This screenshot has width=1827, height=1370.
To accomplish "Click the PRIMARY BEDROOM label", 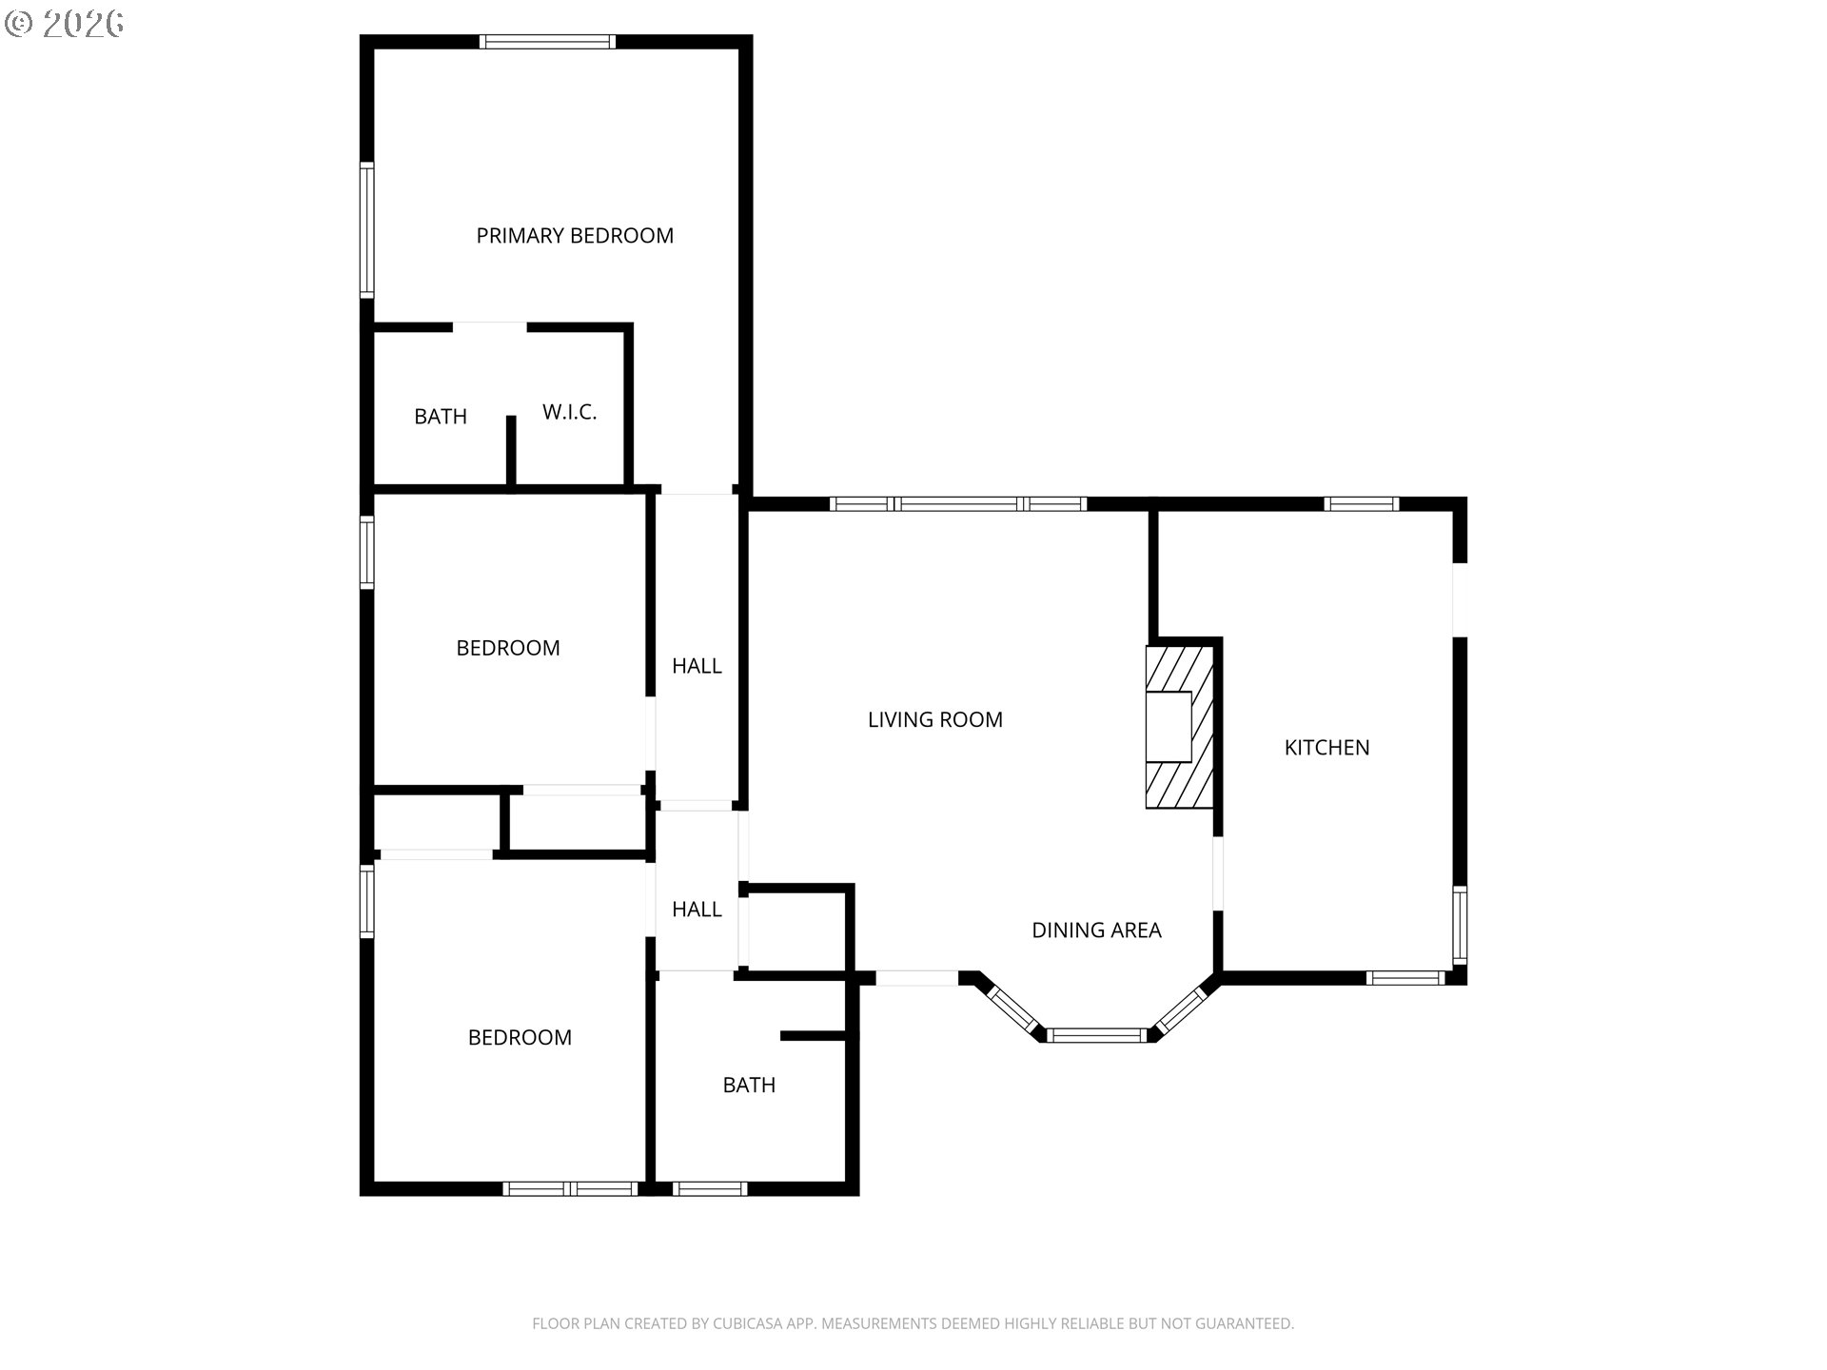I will coord(575,236).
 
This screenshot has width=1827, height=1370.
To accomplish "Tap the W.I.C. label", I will coord(569,412).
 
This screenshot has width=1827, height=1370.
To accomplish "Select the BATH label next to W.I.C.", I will coord(441,417).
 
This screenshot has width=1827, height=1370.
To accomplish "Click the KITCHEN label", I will coord(1326,748).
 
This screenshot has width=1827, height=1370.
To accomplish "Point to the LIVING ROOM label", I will coord(934,720).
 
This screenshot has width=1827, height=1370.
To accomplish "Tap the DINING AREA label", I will coord(1096,930).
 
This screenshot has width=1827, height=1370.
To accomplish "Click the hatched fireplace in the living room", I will coord(1180,728).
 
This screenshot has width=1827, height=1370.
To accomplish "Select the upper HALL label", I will coord(697,666).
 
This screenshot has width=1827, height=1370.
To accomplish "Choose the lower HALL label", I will coord(697,910).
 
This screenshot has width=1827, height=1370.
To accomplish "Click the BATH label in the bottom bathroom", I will coord(749,1086).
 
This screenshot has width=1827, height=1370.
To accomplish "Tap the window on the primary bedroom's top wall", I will coord(547,42).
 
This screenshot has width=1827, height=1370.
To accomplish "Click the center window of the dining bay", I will coord(1098,1035).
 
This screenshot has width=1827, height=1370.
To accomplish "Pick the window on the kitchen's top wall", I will coord(1361,504).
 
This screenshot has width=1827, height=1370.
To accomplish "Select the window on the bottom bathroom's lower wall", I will coord(710,1188).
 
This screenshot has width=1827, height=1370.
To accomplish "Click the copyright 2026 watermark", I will coord(65,23).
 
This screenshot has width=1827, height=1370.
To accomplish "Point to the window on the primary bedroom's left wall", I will coord(366,230).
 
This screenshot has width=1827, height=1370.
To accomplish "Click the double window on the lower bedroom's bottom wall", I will coord(570,1188).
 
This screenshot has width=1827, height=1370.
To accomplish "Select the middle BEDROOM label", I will coord(507,648).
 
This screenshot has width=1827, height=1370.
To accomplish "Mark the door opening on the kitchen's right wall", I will coord(1459,600).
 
